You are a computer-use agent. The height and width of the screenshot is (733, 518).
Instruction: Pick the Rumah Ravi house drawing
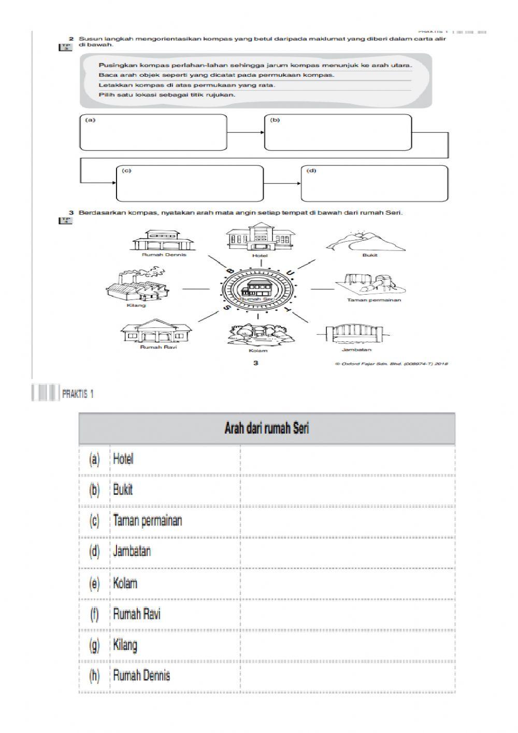[155, 331]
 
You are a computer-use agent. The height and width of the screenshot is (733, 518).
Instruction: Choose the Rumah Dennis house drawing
[164, 240]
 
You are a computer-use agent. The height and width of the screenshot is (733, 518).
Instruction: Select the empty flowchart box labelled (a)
[153, 133]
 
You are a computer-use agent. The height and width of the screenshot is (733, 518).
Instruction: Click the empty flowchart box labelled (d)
[374, 183]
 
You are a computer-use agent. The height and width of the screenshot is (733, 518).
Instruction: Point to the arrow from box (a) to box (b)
[246, 132]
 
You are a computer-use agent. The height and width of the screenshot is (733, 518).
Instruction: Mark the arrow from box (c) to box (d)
[282, 183]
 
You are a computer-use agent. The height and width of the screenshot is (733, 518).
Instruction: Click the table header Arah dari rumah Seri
[267, 428]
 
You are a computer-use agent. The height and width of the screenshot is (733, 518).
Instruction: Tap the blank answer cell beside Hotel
[347, 459]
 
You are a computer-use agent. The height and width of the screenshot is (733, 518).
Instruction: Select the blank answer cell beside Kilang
[347, 645]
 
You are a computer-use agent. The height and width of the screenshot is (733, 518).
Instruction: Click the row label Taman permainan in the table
[148, 521]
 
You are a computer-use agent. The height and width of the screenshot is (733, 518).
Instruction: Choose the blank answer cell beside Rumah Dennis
[347, 676]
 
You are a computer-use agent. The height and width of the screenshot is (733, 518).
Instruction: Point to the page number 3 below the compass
[256, 363]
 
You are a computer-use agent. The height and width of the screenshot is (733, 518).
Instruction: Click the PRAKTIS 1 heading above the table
[78, 394]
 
